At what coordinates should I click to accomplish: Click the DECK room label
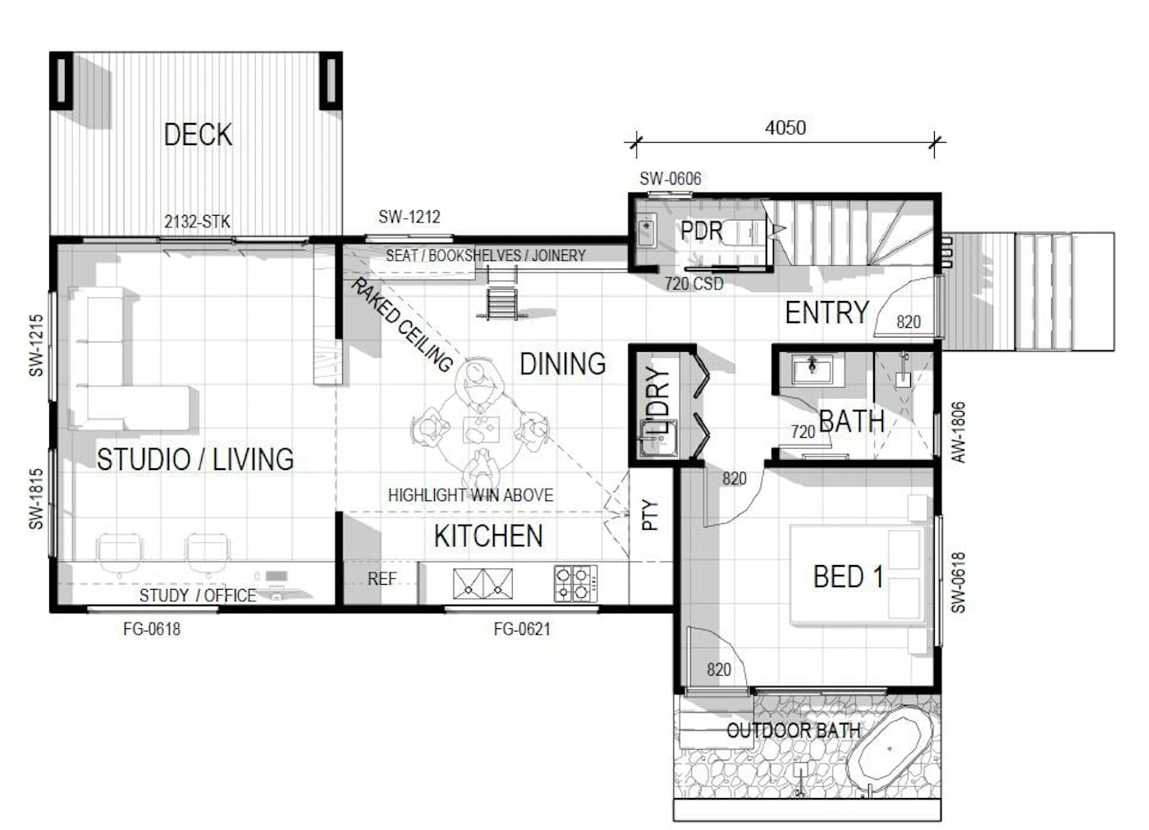point(198,135)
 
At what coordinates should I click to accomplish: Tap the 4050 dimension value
point(785,128)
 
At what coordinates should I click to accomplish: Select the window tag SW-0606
point(670,179)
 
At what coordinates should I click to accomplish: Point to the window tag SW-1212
point(410,217)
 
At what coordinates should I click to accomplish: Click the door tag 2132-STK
point(197,221)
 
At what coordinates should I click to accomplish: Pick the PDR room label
point(701,230)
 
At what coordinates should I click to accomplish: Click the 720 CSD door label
point(694,284)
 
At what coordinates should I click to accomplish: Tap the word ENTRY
point(827,312)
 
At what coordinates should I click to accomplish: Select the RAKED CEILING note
point(401,324)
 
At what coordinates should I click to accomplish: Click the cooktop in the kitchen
point(575,583)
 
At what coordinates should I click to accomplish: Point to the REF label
point(382,579)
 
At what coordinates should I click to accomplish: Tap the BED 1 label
point(849,577)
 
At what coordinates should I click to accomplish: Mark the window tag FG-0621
point(522,629)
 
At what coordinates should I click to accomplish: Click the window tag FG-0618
point(152,629)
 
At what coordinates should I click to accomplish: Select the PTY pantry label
point(650,515)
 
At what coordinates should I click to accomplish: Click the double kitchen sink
point(483,584)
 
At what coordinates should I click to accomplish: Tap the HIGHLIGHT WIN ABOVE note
point(470,495)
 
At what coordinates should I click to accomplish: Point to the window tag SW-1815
point(36,499)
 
